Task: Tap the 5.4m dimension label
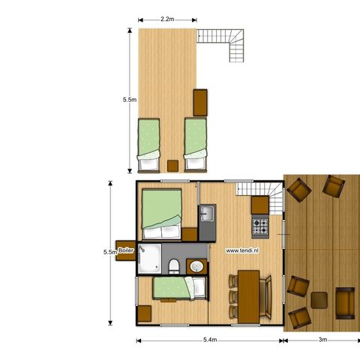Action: tap(209, 340)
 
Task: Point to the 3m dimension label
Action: tap(322, 340)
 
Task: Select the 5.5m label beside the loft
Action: tap(128, 99)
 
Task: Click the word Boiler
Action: tap(126, 251)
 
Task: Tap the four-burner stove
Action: tap(260, 223)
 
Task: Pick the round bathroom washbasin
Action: tap(197, 266)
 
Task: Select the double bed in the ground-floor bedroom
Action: tap(161, 211)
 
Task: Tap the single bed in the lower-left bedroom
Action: tap(178, 288)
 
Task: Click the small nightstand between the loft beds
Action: tap(172, 166)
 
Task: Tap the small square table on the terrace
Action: tap(319, 299)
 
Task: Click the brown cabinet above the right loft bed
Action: tap(200, 100)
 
